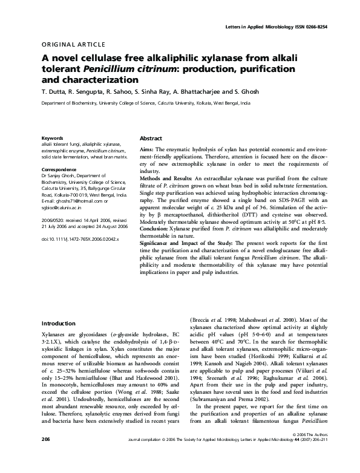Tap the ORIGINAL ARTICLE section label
click(73, 45)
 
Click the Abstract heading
click(151, 139)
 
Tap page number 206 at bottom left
click(45, 454)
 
